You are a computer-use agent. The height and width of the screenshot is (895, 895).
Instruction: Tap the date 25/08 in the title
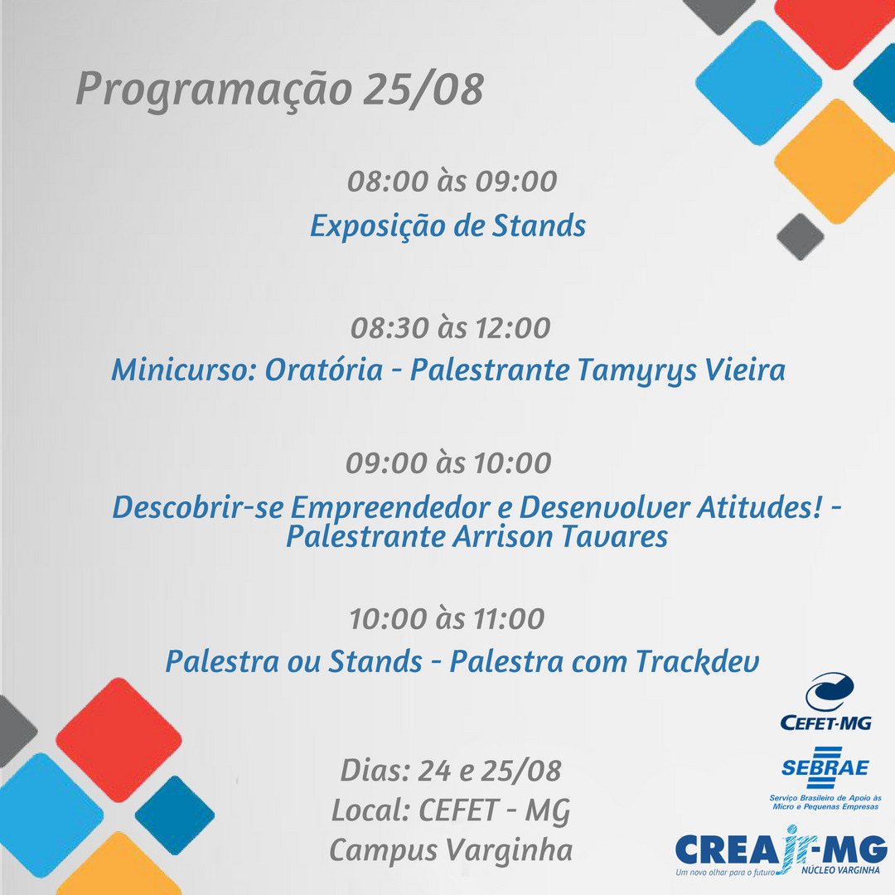pos(423,89)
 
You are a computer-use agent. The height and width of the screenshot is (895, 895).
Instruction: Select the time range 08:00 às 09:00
pos(452,181)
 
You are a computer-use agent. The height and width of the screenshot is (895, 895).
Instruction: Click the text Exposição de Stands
pos(447,226)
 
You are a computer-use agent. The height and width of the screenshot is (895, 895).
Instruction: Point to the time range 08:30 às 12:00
pos(450,327)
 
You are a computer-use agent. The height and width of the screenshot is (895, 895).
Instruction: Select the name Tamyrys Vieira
pos(681,370)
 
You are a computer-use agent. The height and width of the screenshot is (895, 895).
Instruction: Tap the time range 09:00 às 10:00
pos(448,462)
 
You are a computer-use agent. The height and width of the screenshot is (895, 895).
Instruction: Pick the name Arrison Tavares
pos(560,536)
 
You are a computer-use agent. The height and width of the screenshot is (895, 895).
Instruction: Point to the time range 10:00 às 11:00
pos(447,619)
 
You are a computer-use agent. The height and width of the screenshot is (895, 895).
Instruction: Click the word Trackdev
pos(697,661)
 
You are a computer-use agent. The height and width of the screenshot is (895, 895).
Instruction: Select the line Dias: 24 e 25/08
pos(451,771)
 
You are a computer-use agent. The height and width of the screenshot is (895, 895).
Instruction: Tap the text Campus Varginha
pos(451,851)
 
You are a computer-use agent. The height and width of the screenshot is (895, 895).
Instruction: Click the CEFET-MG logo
pos(826,702)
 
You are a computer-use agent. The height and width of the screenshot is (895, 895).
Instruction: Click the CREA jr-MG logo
pos(781,850)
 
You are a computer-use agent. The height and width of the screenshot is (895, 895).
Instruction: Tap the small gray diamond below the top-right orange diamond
pos(801,237)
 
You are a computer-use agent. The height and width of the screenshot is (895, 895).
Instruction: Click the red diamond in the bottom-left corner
pos(119,740)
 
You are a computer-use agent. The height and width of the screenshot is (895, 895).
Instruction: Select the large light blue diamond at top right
pos(758,83)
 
